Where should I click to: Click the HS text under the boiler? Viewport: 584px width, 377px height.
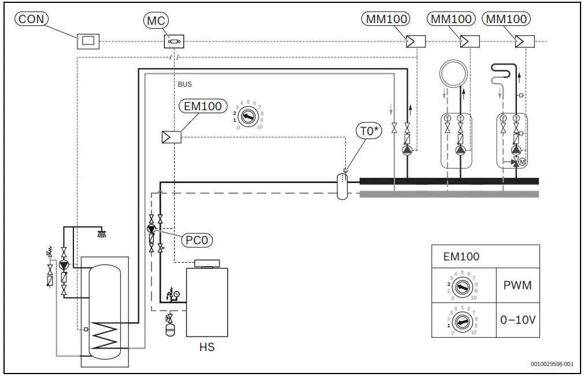[206, 348]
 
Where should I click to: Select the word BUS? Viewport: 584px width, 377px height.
[185, 84]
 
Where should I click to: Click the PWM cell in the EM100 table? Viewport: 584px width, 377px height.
[518, 285]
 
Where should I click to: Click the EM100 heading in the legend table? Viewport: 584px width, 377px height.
[461, 256]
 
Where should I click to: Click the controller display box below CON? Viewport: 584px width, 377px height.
[88, 41]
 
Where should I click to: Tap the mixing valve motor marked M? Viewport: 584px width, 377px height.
[523, 162]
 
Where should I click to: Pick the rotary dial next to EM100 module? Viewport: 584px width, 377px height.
[249, 115]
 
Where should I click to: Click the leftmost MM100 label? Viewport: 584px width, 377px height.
[387, 19]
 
